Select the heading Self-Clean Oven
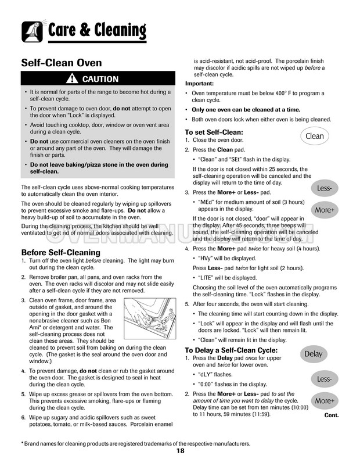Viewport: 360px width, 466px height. [x=62, y=62]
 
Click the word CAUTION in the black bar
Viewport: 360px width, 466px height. [x=100, y=79]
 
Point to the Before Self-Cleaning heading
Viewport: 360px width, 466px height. [x=61, y=252]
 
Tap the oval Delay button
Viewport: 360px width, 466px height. [x=313, y=354]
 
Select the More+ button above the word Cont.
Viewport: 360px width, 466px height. [x=324, y=400]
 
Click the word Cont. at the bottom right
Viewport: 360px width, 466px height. [x=332, y=415]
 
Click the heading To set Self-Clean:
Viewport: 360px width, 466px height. [x=214, y=132]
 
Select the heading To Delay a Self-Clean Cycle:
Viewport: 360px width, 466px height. [x=231, y=350]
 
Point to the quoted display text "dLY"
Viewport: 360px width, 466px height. [x=207, y=375]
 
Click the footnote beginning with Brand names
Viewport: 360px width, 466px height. [x=136, y=443]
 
